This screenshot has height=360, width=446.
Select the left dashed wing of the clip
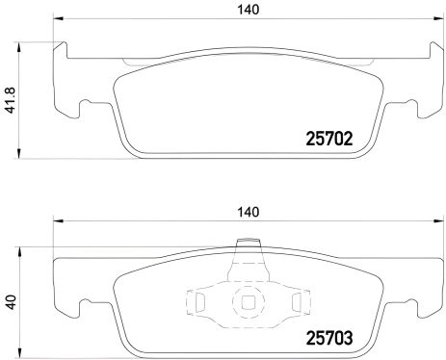[198, 304]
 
